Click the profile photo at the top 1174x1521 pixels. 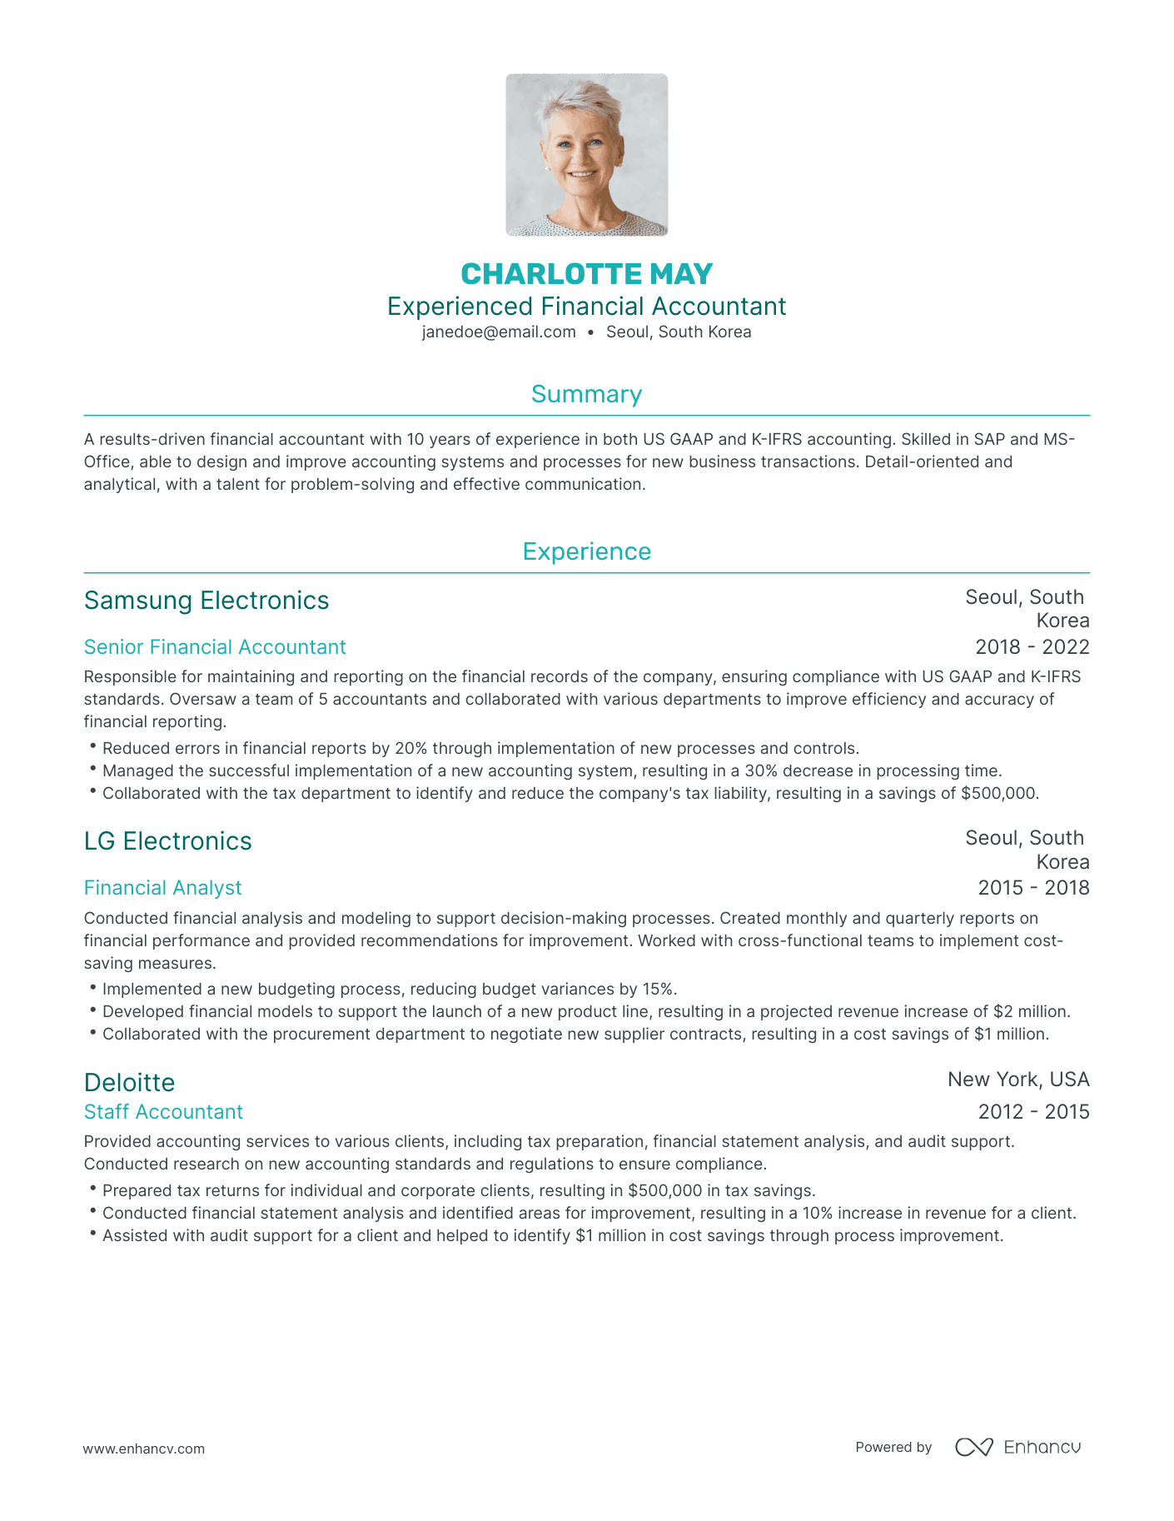pyautogui.click(x=586, y=155)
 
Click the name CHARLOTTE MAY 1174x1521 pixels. pyautogui.click(x=586, y=274)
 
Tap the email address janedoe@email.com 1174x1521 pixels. pyautogui.click(x=499, y=332)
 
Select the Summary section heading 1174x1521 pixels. pyautogui.click(x=586, y=394)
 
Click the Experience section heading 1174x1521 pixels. pyautogui.click(x=586, y=551)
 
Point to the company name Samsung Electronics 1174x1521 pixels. pyautogui.click(x=206, y=601)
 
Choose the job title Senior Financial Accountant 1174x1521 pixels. pyautogui.click(x=215, y=647)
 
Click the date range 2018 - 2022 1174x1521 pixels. pyautogui.click(x=1032, y=647)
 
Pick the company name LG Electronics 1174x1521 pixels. pyautogui.click(x=167, y=841)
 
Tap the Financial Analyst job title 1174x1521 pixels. pyautogui.click(x=162, y=888)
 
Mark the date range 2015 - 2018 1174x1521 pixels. pyautogui.click(x=1033, y=888)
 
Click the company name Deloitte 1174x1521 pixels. pyautogui.click(x=129, y=1083)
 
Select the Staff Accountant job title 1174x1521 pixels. pyautogui.click(x=163, y=1112)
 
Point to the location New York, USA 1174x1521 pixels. pyautogui.click(x=1018, y=1080)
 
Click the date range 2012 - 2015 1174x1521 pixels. pyautogui.click(x=1033, y=1112)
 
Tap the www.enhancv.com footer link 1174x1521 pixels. pyautogui.click(x=143, y=1449)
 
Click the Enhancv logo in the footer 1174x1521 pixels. pyautogui.click(x=1017, y=1447)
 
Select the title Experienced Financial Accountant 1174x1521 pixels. pyautogui.click(x=586, y=307)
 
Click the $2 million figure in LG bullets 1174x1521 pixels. pyautogui.click(x=1031, y=1012)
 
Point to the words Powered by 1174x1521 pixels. pyautogui.click(x=893, y=1448)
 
